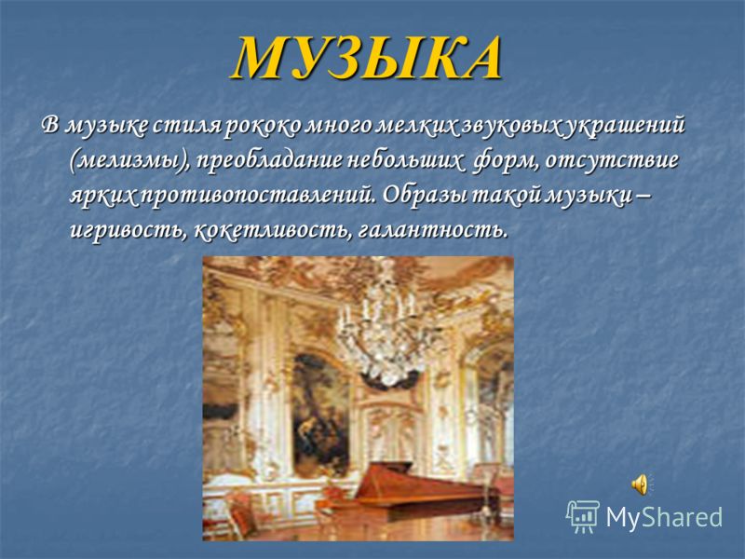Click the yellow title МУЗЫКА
tap(367, 58)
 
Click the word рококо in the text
tap(262, 127)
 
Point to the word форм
tap(504, 161)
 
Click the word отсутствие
tap(612, 161)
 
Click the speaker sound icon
tap(642, 484)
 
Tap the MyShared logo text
tap(664, 516)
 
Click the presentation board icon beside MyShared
tap(583, 516)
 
